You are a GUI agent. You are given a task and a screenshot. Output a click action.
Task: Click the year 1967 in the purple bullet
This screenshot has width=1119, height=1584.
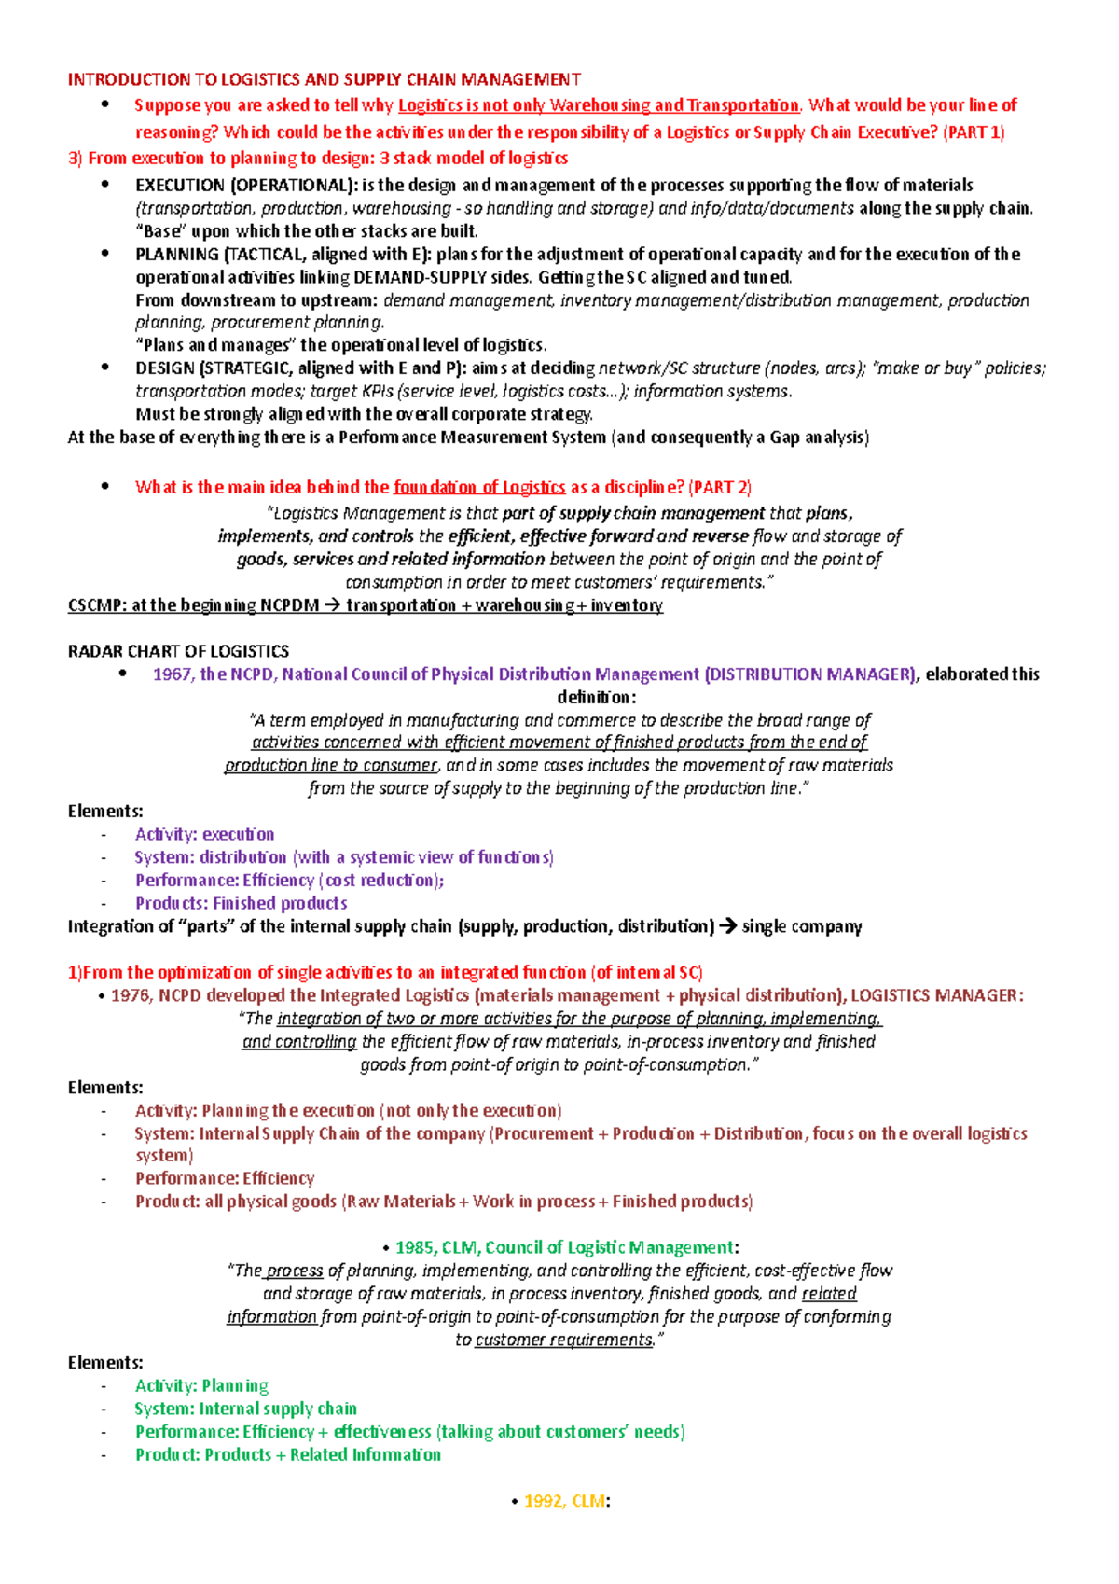coord(172,674)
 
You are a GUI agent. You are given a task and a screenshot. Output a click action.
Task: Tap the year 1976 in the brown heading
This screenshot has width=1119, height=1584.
coord(130,995)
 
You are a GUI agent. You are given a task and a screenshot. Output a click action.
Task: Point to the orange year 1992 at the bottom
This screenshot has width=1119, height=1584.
coord(544,1501)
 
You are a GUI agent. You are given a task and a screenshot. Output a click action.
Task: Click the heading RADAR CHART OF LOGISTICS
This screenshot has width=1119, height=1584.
coord(178,651)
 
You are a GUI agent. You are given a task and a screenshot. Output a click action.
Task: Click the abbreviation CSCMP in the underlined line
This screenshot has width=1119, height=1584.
coord(96,605)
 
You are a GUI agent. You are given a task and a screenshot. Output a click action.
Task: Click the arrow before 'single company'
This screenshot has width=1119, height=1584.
coord(728,926)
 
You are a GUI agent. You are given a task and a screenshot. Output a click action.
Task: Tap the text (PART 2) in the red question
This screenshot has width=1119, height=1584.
coord(720,487)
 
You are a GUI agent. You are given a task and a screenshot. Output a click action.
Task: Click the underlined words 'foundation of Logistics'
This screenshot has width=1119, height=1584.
coord(479,487)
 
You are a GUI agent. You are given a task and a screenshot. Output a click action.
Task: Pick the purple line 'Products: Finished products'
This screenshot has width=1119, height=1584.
coord(241,903)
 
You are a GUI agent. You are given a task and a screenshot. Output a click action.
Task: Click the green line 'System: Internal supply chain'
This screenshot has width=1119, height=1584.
coord(245,1409)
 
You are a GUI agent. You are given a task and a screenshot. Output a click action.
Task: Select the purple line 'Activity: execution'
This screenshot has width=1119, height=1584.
coord(204,834)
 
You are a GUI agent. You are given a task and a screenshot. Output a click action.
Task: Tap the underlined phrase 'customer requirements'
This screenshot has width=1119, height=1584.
coord(563,1340)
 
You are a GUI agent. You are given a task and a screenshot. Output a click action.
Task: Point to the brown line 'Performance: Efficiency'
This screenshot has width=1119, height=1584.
coord(225,1178)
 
